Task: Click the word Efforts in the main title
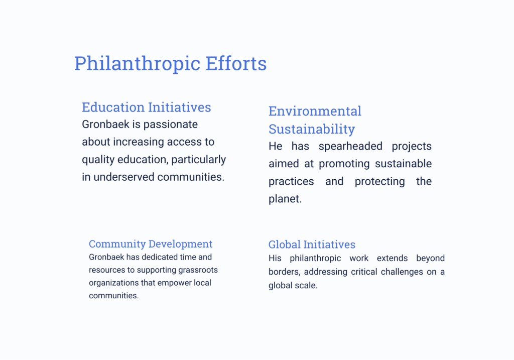coord(236,63)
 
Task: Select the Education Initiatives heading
coord(147,107)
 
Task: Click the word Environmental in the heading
coord(315,111)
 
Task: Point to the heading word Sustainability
coord(312,129)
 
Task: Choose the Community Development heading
coord(151,244)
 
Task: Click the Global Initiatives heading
coord(312,244)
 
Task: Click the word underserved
coord(124,177)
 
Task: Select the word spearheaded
coord(350,146)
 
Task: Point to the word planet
coord(285,199)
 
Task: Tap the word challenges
coord(402,272)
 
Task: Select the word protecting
coord(379,182)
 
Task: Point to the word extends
coord(392,259)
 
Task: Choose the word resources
coord(107,270)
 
